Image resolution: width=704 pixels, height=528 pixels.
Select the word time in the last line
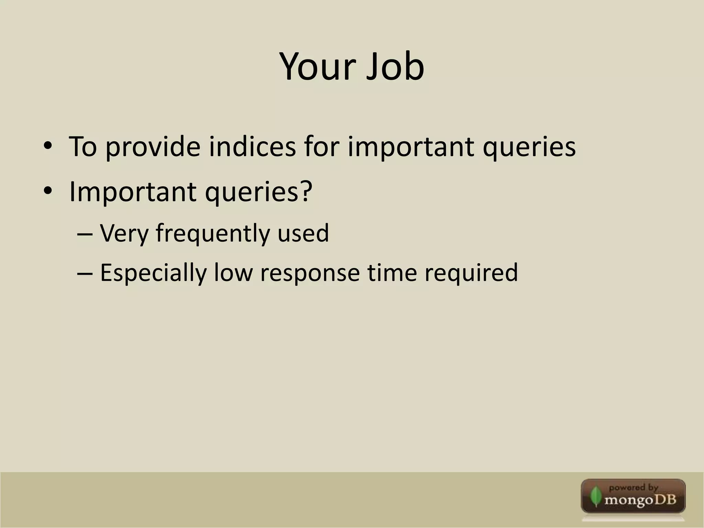pyautogui.click(x=392, y=273)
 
